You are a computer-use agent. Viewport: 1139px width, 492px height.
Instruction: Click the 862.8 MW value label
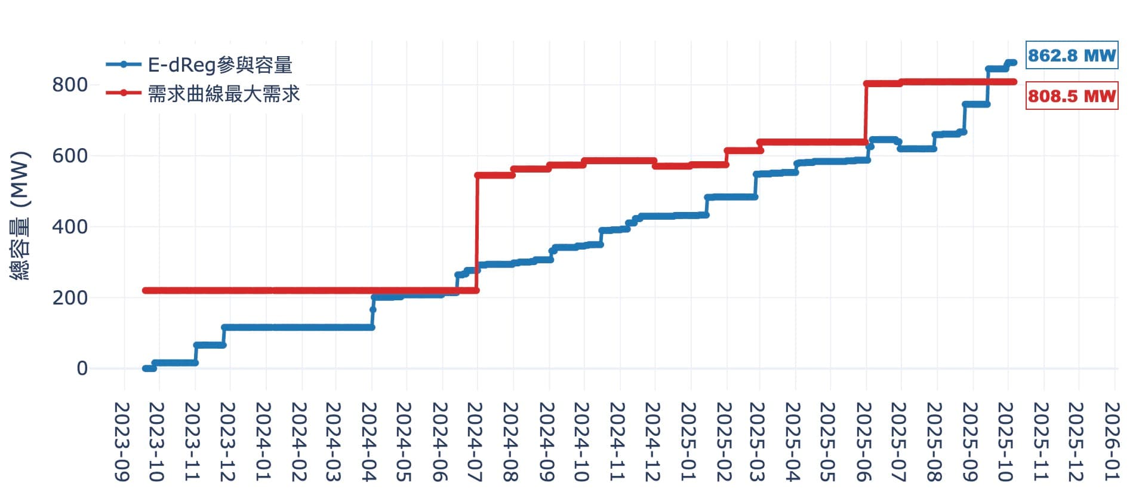[x=1072, y=56]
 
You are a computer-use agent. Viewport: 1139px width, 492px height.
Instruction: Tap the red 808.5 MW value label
[x=1072, y=96]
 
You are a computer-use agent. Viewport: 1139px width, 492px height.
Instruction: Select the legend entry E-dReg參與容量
[x=220, y=64]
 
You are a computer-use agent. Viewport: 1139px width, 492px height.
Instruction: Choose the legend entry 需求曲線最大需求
[x=223, y=93]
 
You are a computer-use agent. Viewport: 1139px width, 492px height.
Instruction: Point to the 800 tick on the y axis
[x=70, y=85]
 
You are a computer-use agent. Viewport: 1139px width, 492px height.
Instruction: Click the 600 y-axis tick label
[x=70, y=156]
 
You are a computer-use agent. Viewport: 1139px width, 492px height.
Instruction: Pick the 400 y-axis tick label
[x=70, y=227]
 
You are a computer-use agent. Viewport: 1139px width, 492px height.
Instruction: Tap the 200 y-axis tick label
[x=70, y=297]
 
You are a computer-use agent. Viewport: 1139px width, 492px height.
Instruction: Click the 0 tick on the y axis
[x=82, y=368]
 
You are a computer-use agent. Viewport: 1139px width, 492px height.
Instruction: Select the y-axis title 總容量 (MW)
[x=20, y=216]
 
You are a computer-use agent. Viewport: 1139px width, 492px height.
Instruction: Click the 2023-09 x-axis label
[x=122, y=441]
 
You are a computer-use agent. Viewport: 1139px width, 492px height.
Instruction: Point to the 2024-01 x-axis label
[x=263, y=441]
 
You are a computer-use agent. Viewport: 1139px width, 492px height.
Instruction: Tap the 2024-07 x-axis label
[x=475, y=441]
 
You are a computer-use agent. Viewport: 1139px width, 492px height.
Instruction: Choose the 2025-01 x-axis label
[x=688, y=441]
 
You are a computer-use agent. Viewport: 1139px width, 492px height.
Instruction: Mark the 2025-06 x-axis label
[x=865, y=441]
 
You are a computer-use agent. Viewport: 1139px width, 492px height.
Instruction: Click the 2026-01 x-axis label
[x=1112, y=441]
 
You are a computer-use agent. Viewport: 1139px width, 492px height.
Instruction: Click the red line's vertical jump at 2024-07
[x=477, y=233]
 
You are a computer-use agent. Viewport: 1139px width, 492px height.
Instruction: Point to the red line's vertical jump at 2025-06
[x=866, y=113]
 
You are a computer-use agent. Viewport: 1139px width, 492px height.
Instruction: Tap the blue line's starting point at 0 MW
[x=145, y=368]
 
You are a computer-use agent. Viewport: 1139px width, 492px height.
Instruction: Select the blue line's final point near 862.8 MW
[x=1014, y=62]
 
